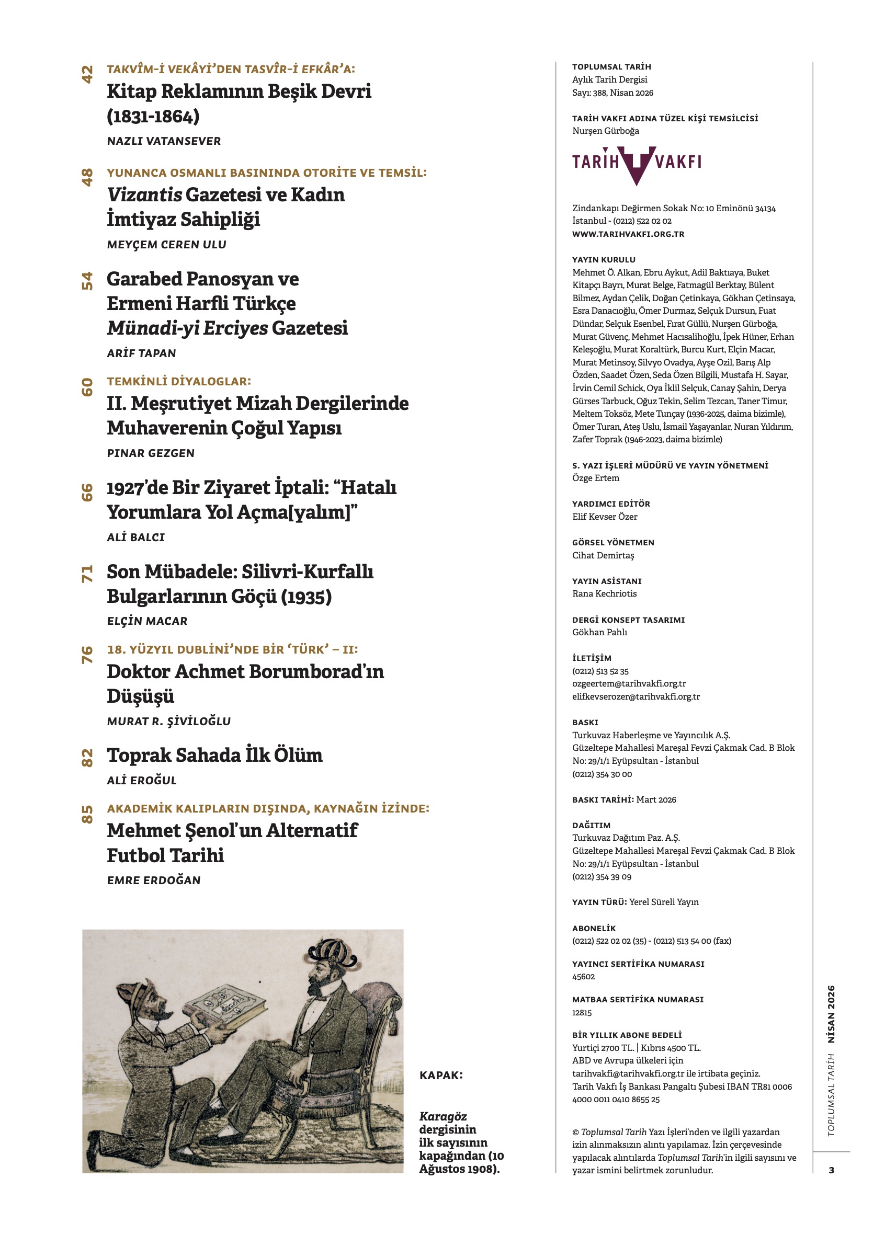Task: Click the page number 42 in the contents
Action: tap(87, 74)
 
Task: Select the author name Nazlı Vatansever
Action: tap(163, 141)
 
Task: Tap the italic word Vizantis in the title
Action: tap(144, 195)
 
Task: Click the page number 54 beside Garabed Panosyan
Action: tap(87, 281)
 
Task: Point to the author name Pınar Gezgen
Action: tap(150, 453)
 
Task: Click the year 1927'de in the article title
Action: tap(137, 487)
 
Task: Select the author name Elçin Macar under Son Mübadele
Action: tap(147, 621)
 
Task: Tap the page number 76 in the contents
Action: tap(87, 654)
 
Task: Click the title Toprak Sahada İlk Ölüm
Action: tap(214, 755)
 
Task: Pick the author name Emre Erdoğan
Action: tap(154, 880)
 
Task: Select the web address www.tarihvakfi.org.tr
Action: tap(628, 234)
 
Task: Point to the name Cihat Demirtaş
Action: tap(603, 555)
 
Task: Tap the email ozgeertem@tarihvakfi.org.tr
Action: tap(629, 683)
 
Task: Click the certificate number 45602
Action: tap(583, 976)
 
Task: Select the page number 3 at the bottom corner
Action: tap(831, 1170)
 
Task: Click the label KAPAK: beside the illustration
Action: tap(440, 1076)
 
